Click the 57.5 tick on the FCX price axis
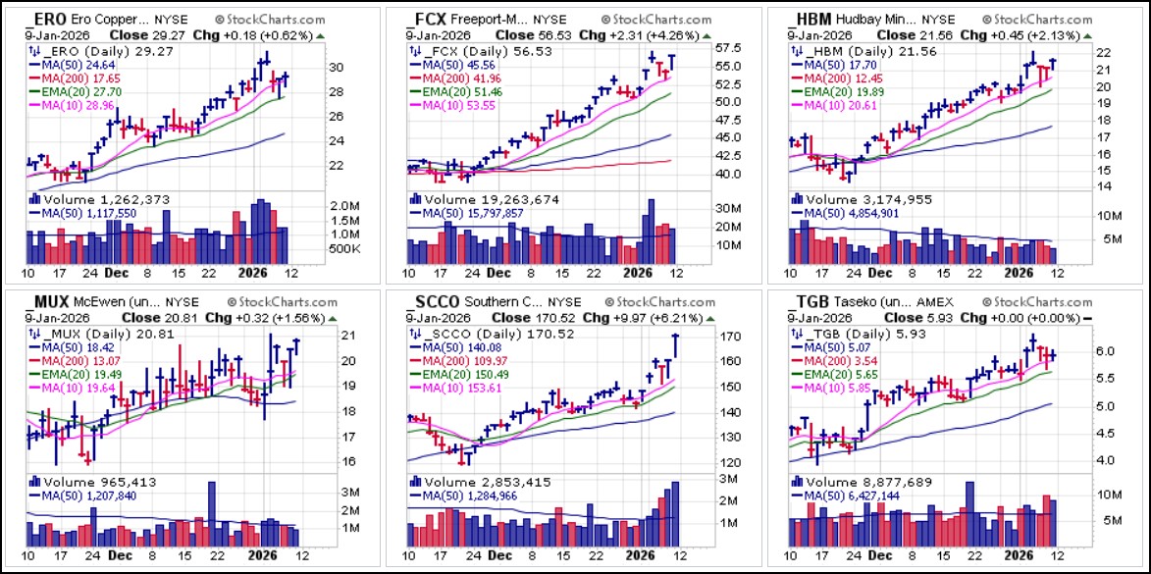pos(700,48)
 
